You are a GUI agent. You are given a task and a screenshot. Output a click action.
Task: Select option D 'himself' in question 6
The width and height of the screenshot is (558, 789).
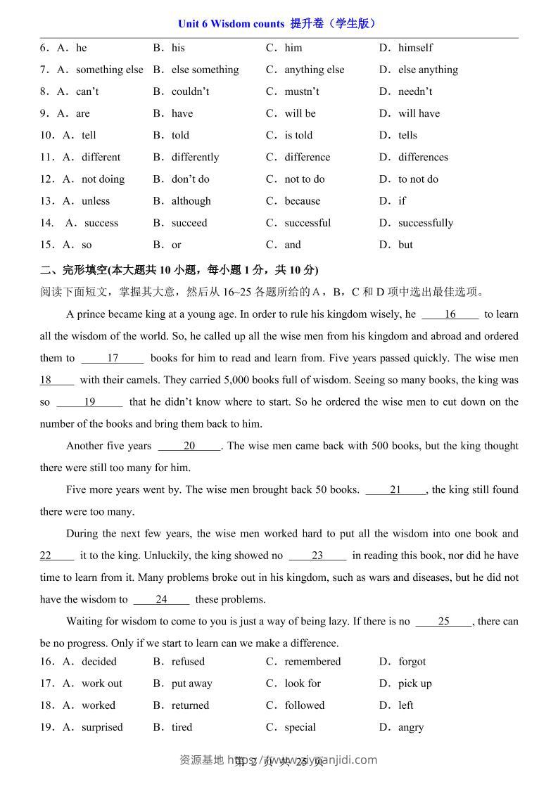coord(415,48)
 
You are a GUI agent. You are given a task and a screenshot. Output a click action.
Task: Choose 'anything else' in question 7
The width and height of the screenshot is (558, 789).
coord(314,70)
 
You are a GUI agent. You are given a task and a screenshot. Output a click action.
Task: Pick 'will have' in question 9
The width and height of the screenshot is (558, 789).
coord(419,113)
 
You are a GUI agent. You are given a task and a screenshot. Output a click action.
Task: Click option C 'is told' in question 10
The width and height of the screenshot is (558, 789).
coord(298,135)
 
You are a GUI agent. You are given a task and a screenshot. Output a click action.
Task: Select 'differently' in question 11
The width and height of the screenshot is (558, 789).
coord(195,157)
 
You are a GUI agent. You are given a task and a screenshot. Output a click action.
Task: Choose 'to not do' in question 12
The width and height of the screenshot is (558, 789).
coord(418,179)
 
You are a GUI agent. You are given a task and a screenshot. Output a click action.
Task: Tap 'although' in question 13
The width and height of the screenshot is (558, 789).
coord(191,201)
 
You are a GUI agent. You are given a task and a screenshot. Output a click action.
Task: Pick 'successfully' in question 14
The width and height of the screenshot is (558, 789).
coord(425,223)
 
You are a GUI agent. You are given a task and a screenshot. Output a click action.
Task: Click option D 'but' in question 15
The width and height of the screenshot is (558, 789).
coord(405,245)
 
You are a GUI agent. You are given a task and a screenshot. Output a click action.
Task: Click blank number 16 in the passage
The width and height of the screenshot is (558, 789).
coord(450,314)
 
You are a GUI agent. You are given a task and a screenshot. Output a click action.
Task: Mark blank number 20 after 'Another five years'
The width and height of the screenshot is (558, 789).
coord(189,446)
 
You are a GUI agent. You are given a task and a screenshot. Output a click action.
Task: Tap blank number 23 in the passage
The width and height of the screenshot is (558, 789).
coord(317,556)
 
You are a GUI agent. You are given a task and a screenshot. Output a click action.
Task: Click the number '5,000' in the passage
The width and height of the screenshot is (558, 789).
coord(236,380)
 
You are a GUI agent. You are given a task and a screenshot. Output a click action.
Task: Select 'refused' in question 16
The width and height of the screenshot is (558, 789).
coord(188,662)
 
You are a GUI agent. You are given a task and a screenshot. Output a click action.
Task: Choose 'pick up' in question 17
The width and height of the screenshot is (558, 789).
coord(414,684)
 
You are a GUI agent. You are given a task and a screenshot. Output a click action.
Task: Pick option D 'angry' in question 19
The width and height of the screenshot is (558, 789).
coord(410,727)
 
